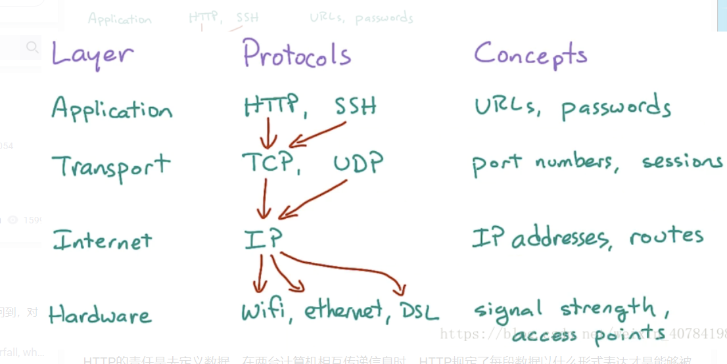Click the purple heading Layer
click(92, 53)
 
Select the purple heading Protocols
click(296, 54)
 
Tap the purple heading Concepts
click(530, 55)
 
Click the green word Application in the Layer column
click(112, 109)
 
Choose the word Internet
click(103, 240)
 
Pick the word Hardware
click(100, 314)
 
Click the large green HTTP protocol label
click(271, 106)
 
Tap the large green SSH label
click(356, 105)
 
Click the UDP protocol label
click(358, 164)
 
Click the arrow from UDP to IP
click(312, 200)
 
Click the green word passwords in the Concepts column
click(616, 108)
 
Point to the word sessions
click(682, 162)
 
